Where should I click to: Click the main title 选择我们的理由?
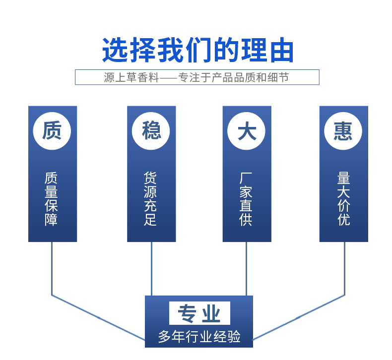pyautogui.click(x=198, y=50)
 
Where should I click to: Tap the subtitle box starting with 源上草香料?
pyautogui.click(x=197, y=77)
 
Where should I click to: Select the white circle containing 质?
pyautogui.click(x=52, y=131)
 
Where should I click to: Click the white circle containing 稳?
pyautogui.click(x=151, y=131)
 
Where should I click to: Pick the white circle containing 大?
pyautogui.click(x=247, y=131)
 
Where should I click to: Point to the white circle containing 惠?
pyautogui.click(x=343, y=131)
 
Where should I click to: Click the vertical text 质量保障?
pyautogui.click(x=51, y=199)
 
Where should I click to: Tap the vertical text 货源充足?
pyautogui.click(x=150, y=199)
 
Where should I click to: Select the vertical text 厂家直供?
pyautogui.click(x=246, y=199)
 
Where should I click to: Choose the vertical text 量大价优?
pyautogui.click(x=344, y=199)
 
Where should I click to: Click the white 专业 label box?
pyautogui.click(x=199, y=313)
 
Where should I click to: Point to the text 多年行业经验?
pyautogui.click(x=199, y=336)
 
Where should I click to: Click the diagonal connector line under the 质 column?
pyautogui.click(x=98, y=317)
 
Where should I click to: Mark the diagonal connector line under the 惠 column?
pyautogui.click(x=299, y=317)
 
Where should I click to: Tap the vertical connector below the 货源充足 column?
pyautogui.click(x=151, y=269)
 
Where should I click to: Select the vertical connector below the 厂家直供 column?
pyautogui.click(x=246, y=269)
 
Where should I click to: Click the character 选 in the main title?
pyautogui.click(x=115, y=50)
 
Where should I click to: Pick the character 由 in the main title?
pyautogui.click(x=282, y=51)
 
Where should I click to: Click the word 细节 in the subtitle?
pyautogui.click(x=278, y=77)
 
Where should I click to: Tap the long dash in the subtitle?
pyautogui.click(x=169, y=78)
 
